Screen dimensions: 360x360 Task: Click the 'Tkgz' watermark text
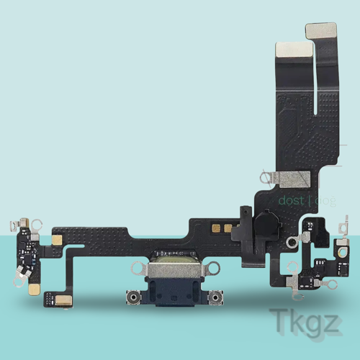pos(304,321)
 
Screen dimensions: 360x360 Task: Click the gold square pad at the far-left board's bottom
pos(34,288)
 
